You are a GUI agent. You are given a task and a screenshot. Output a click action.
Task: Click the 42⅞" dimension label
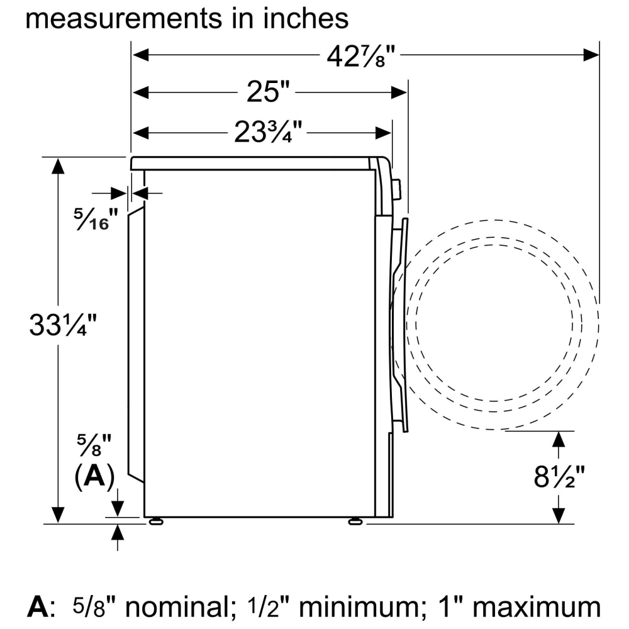coord(361,56)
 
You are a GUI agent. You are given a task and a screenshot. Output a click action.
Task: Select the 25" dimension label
coord(267,91)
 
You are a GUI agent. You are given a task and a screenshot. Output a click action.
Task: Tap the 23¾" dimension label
coord(268,131)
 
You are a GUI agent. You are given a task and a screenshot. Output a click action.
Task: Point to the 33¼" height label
coord(62,325)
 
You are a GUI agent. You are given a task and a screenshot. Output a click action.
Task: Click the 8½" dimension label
coord(559,476)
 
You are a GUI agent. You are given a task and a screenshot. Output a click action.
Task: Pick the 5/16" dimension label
coord(96,219)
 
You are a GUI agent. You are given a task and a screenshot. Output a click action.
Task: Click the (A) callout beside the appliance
coord(95,477)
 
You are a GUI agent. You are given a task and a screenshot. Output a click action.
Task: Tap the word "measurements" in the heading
coord(123,18)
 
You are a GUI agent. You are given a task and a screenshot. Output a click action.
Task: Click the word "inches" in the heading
coord(306,18)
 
